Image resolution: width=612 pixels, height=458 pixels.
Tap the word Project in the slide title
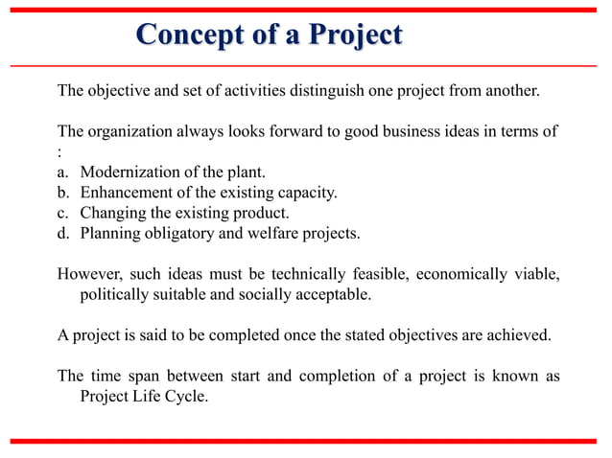tap(352, 35)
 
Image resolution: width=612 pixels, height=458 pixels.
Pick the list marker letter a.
tap(62, 172)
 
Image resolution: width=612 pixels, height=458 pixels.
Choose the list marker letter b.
tap(62, 193)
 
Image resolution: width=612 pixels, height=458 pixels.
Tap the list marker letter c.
tap(62, 212)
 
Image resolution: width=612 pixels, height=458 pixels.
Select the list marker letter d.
tap(62, 232)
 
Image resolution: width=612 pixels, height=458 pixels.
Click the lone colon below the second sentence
tap(60, 153)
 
